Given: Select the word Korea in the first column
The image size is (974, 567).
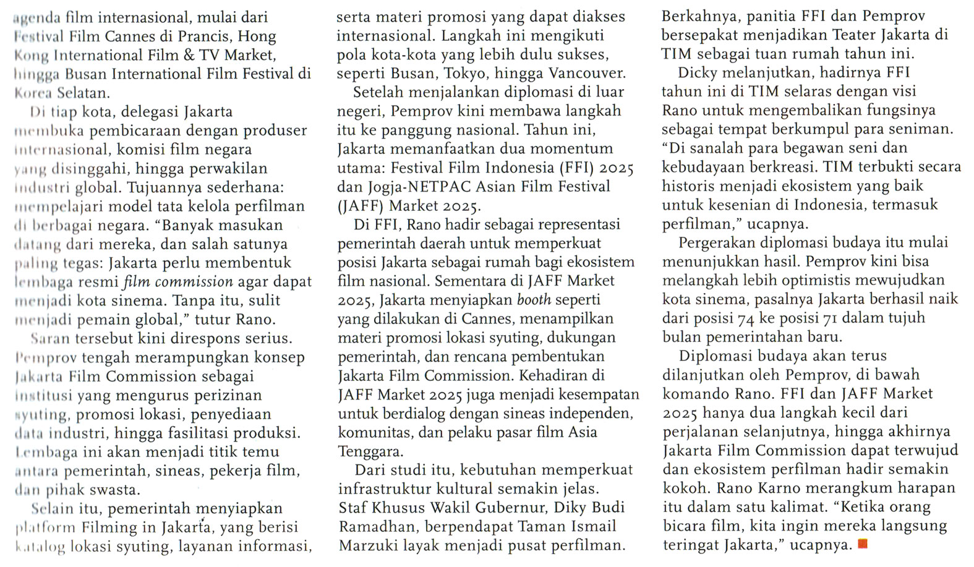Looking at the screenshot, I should (x=30, y=93).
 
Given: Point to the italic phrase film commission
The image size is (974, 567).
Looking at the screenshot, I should (x=178, y=282).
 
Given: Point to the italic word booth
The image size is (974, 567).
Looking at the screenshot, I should (x=535, y=300).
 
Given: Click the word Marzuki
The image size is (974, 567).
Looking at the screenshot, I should (x=364, y=545).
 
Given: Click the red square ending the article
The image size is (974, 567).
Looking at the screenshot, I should (x=863, y=544).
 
